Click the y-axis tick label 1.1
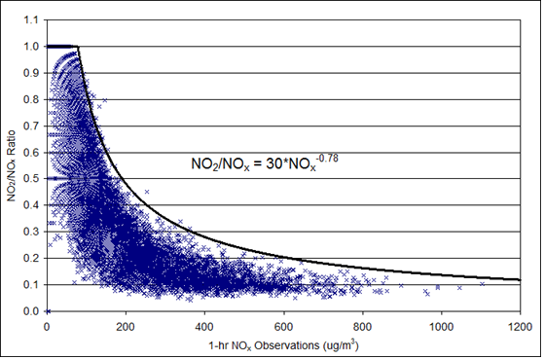click(x=33, y=19)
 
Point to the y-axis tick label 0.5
click(x=33, y=179)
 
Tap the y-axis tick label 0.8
click(x=33, y=99)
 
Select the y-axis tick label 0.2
click(x=33, y=259)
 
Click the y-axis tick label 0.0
click(x=33, y=311)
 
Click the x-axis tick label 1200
click(x=520, y=324)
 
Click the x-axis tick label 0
click(x=48, y=324)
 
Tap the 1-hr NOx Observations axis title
click(x=283, y=342)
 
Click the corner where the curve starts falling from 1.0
click(x=78, y=47)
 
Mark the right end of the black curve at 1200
click(x=520, y=280)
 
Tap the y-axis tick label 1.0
click(x=33, y=47)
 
